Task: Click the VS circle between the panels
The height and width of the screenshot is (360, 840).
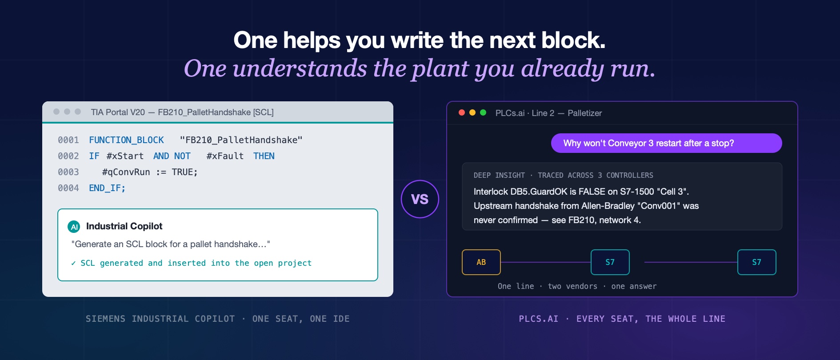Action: coord(420,199)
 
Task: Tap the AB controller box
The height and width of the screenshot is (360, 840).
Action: coord(481,262)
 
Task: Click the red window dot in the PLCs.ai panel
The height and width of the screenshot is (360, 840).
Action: coord(462,112)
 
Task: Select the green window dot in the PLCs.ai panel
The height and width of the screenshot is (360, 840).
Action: coord(483,112)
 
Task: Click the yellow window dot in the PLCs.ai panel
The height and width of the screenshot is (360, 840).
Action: coord(472,112)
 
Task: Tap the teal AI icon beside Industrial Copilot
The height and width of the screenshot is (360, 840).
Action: coord(74,227)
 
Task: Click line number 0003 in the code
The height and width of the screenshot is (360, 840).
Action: coord(68,172)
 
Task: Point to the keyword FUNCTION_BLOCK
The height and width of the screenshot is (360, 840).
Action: coord(126,140)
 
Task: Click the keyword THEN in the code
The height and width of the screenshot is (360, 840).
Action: coord(264,156)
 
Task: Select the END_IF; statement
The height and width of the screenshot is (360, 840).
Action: coord(107,188)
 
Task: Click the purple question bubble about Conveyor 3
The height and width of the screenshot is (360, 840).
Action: coord(666,143)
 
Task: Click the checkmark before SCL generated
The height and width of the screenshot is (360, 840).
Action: coord(73,263)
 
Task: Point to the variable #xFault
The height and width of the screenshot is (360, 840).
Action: coord(225,156)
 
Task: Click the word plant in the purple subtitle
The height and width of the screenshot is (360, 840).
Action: coord(440,69)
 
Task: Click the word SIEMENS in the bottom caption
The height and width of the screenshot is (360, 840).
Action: coord(106,319)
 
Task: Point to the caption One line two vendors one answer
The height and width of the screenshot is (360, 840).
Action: coord(577,286)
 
